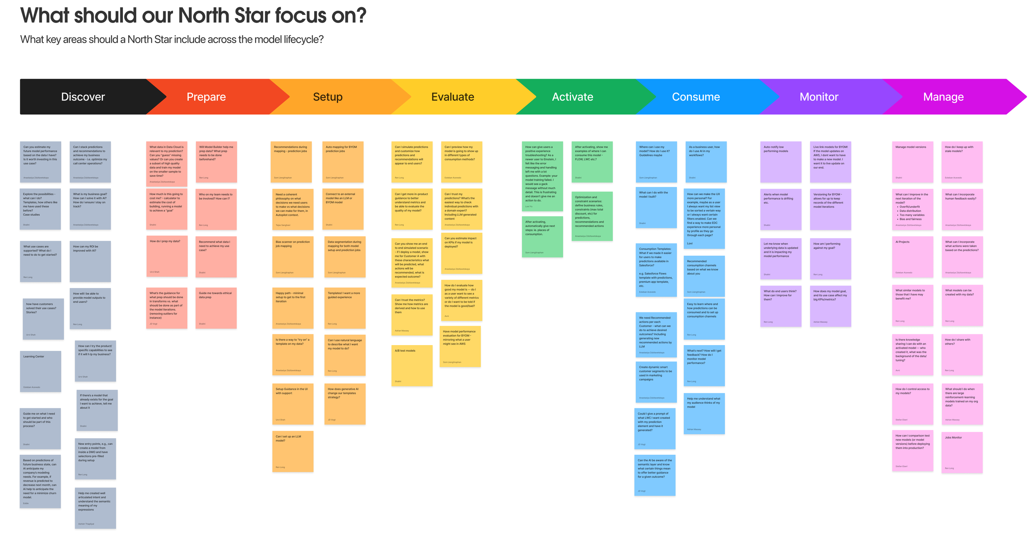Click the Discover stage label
pyautogui.click(x=83, y=97)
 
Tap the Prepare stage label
pyautogui.click(x=206, y=97)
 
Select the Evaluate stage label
pyautogui.click(x=453, y=97)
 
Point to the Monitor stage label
pyautogui.click(x=818, y=97)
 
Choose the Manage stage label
pyautogui.click(x=943, y=97)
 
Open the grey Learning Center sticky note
pyautogui.click(x=40, y=371)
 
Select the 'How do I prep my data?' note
pyautogui.click(x=166, y=256)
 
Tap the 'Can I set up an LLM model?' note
pyautogui.click(x=292, y=451)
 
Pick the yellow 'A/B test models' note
pyautogui.click(x=412, y=365)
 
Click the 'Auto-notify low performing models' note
pyautogui.click(x=780, y=162)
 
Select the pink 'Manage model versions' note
pyautogui.click(x=912, y=162)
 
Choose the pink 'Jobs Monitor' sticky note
pyautogui.click(x=961, y=452)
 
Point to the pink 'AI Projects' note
pyautogui.click(x=912, y=257)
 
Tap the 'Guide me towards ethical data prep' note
pyautogui.click(x=216, y=308)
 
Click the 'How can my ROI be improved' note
pyautogui.click(x=90, y=261)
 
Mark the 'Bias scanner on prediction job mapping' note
pyautogui.click(x=292, y=257)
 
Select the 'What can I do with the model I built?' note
pyautogui.click(x=656, y=207)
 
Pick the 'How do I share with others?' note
pyautogui.click(x=961, y=355)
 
